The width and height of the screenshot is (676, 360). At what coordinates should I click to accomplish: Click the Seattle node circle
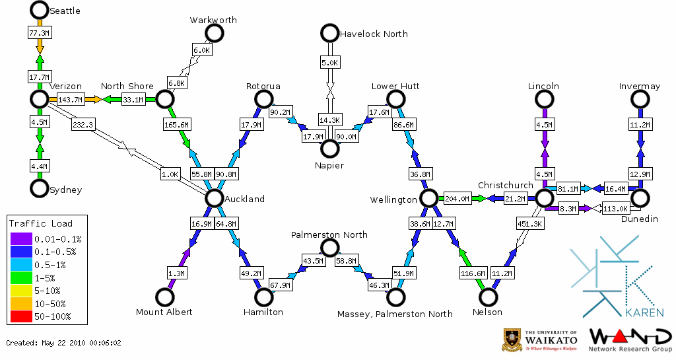point(40,10)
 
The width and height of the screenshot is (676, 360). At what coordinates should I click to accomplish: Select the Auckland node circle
point(214,198)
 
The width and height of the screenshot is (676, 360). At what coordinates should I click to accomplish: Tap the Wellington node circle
point(428,198)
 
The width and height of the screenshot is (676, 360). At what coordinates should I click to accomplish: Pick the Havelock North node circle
point(329,33)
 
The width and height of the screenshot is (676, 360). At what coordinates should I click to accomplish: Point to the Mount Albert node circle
point(164,297)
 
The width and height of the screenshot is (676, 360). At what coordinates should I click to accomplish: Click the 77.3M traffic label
point(39,32)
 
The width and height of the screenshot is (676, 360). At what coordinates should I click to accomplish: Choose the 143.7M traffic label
point(70,100)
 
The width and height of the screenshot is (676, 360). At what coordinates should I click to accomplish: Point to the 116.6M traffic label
point(474,272)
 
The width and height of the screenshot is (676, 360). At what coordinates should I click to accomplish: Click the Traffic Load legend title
point(41,223)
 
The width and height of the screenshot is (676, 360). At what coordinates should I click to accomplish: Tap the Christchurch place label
point(506,185)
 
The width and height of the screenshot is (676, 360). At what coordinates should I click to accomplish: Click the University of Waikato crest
point(513,340)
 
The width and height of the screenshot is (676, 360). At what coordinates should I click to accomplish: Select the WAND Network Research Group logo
point(629,340)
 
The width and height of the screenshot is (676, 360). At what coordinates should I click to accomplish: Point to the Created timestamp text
point(64,343)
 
